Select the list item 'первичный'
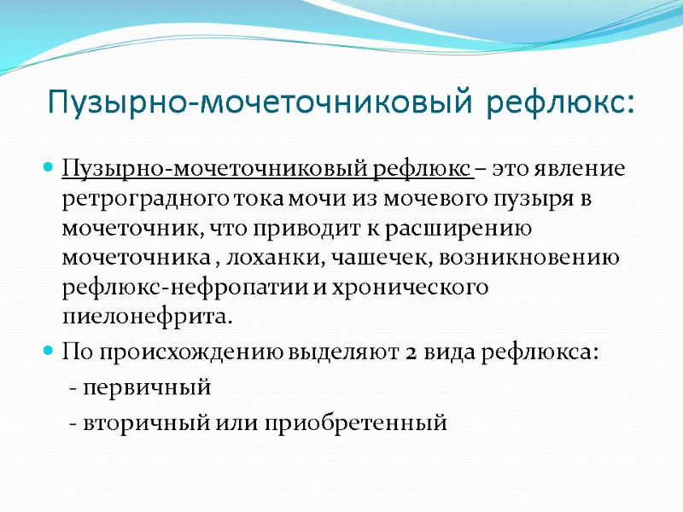click(x=146, y=388)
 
